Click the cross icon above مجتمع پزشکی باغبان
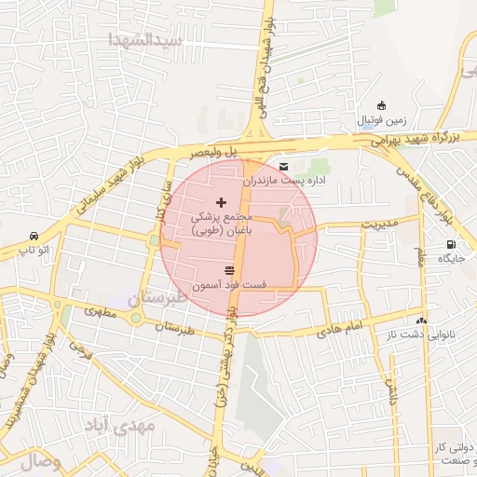pos(221,202)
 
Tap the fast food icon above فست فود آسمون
pos(229,270)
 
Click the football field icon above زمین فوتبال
pos(380,106)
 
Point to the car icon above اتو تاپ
pos(34,236)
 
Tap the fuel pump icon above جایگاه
pos(451,246)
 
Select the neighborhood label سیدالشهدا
pos(143,40)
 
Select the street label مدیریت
pos(379,224)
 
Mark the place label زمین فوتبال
pos(381,121)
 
